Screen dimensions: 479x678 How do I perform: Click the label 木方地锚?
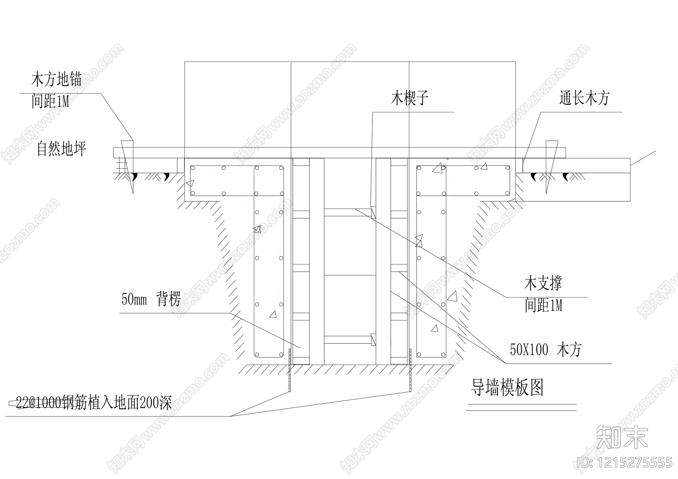pos(56,79)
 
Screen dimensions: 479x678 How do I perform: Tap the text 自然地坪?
pos(62,149)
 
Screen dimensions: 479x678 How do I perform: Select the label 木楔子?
pos(409,98)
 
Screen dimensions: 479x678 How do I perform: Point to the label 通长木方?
pos(584,98)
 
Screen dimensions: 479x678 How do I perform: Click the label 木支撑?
pos(543,284)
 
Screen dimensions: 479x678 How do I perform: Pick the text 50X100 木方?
pos(546,350)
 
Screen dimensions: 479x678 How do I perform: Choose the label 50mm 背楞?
pos(151,299)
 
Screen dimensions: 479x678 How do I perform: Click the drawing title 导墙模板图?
pos(507,387)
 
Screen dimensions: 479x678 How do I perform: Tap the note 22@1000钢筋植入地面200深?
pos(93,403)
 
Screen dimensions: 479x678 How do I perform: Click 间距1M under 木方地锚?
pos(50,102)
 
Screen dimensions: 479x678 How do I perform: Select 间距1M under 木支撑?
pos(544,305)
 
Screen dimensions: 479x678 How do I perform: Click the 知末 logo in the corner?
pos(622,436)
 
